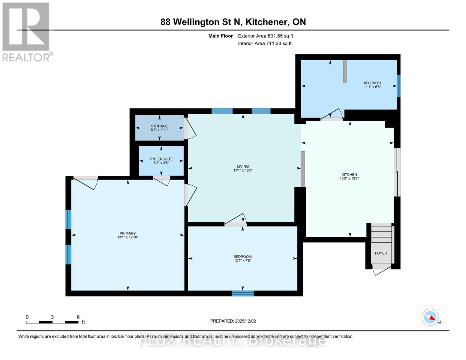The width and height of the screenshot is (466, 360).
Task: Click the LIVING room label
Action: [x=243, y=166]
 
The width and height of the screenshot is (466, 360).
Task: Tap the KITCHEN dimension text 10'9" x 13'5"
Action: [x=349, y=178]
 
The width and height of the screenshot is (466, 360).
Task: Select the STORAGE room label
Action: [x=159, y=126]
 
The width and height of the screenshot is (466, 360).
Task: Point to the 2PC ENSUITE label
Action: [x=161, y=159]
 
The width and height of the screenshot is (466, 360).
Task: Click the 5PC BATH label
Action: [x=372, y=83]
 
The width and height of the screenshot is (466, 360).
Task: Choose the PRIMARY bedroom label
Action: [x=128, y=233]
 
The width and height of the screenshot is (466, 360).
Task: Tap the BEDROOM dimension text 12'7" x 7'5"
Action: [x=242, y=260]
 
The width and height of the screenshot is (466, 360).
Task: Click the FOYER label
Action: [x=381, y=253]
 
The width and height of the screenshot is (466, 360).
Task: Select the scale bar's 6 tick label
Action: [x=78, y=317]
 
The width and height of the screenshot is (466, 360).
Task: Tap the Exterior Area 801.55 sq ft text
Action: [x=266, y=36]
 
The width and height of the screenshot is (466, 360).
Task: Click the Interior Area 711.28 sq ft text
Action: [x=265, y=43]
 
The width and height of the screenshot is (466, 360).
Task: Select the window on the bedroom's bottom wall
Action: [x=243, y=293]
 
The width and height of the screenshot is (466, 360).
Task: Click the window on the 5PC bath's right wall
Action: [x=399, y=86]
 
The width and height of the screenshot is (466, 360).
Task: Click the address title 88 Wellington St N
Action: [x=201, y=22]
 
